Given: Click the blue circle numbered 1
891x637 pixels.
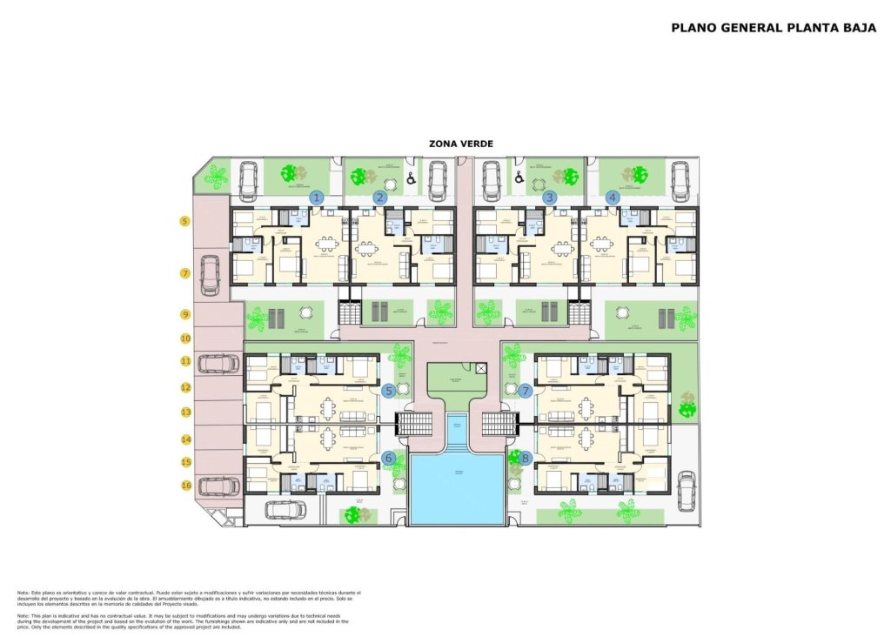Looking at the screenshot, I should pyautogui.click(x=317, y=198).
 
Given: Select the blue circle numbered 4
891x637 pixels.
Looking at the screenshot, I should pyautogui.click(x=613, y=198).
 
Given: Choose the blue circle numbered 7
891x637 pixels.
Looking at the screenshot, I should pyautogui.click(x=526, y=391).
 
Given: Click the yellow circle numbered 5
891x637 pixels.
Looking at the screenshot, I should pyautogui.click(x=185, y=221).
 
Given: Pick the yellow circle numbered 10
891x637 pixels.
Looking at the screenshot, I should pyautogui.click(x=185, y=338).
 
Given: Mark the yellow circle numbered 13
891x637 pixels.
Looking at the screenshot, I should pyautogui.click(x=185, y=412).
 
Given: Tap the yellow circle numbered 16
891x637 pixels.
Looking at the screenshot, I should pyautogui.click(x=185, y=486).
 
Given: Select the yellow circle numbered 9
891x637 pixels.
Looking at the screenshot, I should pyautogui.click(x=185, y=313).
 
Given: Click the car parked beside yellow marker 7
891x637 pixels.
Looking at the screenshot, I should pyautogui.click(x=210, y=274).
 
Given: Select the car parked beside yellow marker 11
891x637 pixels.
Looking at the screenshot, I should pyautogui.click(x=218, y=363).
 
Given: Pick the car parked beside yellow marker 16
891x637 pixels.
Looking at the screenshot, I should pyautogui.click(x=218, y=486).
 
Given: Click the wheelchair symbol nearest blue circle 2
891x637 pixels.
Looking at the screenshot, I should pyautogui.click(x=411, y=180).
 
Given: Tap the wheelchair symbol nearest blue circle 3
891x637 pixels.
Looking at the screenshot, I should pyautogui.click(x=520, y=178).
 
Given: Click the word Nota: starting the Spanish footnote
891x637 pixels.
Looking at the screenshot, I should pyautogui.click(x=23, y=593).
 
